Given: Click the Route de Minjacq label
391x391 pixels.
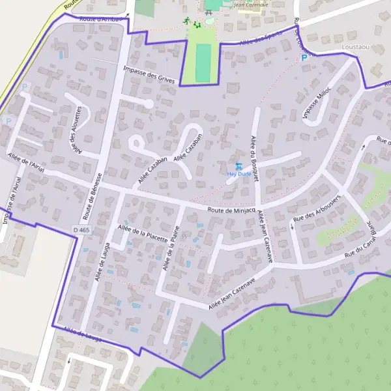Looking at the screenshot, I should [231, 210].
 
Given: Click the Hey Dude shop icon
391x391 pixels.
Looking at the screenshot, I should [239, 166].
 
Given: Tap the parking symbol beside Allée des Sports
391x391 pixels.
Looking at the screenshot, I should [304, 58].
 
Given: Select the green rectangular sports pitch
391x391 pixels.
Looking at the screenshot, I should [203, 63].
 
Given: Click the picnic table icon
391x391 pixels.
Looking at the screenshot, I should [209, 13].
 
